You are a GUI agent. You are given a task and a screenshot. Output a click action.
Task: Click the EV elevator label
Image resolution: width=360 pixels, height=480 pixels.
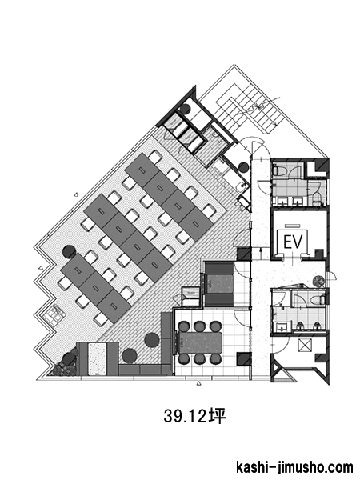pyautogui.click(x=293, y=242)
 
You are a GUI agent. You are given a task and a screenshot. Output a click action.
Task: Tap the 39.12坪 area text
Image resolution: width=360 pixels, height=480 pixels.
pyautogui.click(x=194, y=416)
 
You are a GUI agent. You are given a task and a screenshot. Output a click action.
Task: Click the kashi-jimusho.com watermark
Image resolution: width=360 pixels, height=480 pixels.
pyautogui.click(x=294, y=467)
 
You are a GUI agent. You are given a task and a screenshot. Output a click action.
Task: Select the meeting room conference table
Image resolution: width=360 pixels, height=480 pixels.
pyautogui.click(x=201, y=342)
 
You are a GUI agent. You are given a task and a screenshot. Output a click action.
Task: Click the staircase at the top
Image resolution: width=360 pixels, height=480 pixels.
pyautogui.click(x=245, y=109)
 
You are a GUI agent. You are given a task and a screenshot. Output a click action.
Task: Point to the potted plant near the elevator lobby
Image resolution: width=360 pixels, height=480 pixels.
pyautogui.click(x=318, y=281)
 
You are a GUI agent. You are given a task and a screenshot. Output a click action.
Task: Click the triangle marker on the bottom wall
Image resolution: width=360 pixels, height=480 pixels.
pyautogui.click(x=198, y=383)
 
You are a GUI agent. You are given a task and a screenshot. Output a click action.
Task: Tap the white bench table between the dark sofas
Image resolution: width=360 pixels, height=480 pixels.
pyautogui.click(x=98, y=358)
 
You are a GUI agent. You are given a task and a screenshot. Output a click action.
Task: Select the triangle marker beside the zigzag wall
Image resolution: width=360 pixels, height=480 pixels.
pyautogui.click(x=41, y=267)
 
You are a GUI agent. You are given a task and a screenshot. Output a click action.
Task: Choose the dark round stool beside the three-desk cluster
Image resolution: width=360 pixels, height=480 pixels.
pyautogui.click(x=69, y=251)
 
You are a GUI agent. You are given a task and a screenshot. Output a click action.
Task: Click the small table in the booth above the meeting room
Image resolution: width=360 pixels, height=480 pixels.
pyautogui.click(x=219, y=284)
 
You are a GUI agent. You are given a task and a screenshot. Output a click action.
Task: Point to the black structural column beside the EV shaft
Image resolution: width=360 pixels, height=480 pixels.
pyautogui.click(x=319, y=254)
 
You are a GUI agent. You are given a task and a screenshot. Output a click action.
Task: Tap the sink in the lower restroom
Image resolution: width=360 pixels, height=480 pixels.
pyautogui.click(x=281, y=327)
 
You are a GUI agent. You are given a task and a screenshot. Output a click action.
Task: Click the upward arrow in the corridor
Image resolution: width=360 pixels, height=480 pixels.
pyautogui.click(x=260, y=254)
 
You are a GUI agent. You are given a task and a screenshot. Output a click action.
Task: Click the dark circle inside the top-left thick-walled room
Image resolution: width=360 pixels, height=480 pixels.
pyautogui.click(x=185, y=109)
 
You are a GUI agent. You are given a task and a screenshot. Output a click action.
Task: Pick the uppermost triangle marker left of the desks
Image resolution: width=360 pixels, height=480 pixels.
pyautogui.click(x=77, y=194)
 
